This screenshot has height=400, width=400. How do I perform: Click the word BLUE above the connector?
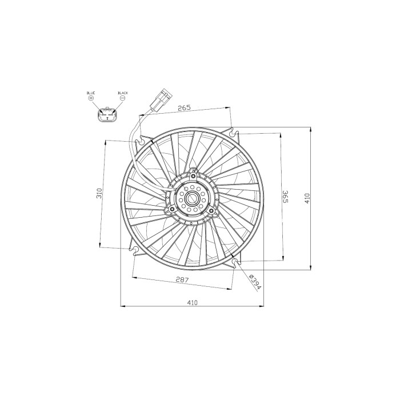pyautogui.click(x=90, y=93)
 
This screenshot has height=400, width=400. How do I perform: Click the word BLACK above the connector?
pyautogui.click(x=122, y=93)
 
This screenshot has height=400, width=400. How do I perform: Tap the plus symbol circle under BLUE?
pyautogui.click(x=90, y=98)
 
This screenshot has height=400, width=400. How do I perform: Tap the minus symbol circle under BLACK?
pyautogui.click(x=122, y=98)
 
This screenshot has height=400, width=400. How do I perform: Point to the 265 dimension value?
pyautogui.click(x=183, y=107)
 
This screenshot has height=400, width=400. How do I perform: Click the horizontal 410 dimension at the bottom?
pyautogui.click(x=191, y=302)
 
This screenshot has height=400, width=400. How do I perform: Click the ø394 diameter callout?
pyautogui.click(x=254, y=282)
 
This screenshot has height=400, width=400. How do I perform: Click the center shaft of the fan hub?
pyautogui.click(x=191, y=199)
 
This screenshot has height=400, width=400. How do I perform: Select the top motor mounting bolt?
pyautogui.click(x=194, y=170)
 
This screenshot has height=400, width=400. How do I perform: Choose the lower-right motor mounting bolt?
pyautogui.click(x=211, y=211)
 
